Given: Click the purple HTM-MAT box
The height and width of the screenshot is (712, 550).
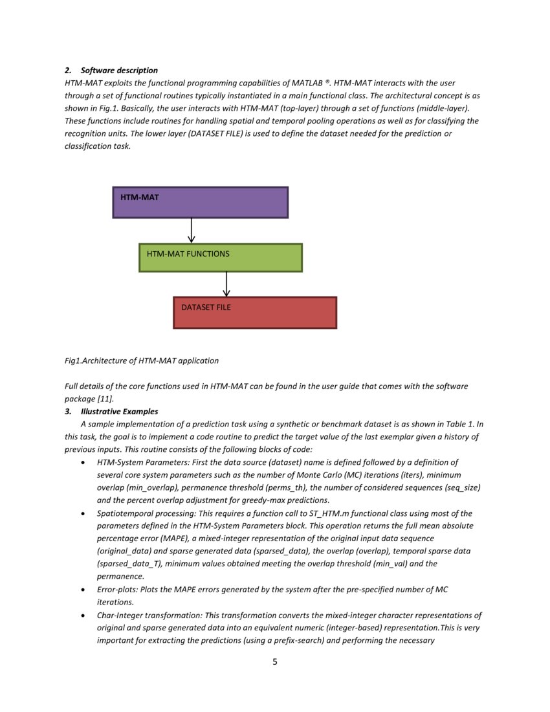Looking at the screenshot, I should [x=200, y=203].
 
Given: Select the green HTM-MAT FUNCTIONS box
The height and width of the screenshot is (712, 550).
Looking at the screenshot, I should [x=220, y=257].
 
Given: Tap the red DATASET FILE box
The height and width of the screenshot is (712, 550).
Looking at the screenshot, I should [x=254, y=312].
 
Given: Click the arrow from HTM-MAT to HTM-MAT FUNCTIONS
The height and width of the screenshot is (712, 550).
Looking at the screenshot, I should [x=192, y=230].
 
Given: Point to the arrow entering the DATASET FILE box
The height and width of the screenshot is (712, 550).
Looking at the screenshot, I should [x=226, y=284].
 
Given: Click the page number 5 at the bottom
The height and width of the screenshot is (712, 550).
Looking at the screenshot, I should [x=274, y=662].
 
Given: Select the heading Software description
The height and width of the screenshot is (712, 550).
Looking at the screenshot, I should [x=119, y=70].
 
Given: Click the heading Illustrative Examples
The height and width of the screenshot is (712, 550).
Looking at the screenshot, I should [x=119, y=411].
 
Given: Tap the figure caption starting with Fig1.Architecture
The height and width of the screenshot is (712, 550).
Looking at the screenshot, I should [x=142, y=361].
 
